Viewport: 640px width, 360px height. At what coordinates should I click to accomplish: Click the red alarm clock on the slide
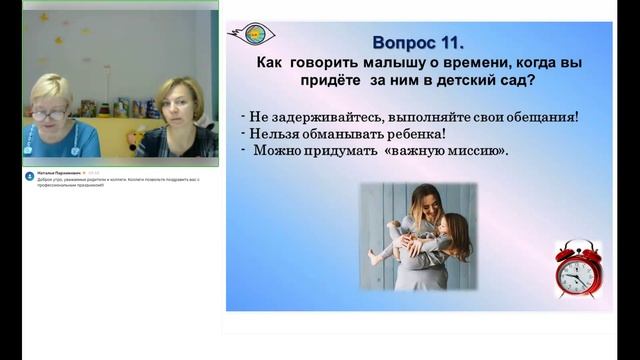tap(577, 269)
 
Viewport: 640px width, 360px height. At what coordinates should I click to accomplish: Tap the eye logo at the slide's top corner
tap(253, 33)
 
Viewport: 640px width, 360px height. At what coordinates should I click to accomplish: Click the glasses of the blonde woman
tap(46, 114)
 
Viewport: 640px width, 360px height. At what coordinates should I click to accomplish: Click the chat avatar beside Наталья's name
tap(30, 173)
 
